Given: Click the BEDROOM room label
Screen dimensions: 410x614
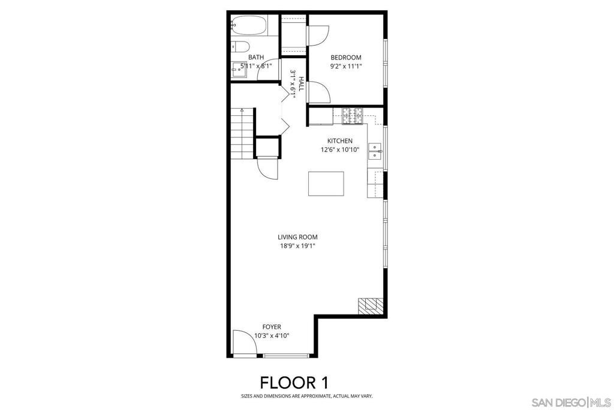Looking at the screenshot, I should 346,58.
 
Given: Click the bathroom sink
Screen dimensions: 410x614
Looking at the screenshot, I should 238,70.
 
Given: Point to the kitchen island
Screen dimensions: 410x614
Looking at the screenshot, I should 326,184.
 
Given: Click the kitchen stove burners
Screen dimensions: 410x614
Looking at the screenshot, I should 353,115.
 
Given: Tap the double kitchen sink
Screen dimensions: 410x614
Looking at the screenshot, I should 375,151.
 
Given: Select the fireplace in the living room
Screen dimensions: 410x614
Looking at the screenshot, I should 368,306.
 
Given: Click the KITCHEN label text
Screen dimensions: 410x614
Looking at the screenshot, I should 339,141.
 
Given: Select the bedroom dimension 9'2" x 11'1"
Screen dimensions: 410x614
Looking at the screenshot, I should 346,66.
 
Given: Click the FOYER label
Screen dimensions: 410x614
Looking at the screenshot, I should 272,327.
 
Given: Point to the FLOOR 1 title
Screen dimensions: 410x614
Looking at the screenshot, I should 293,382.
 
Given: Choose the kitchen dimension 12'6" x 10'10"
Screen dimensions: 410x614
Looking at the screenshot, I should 339,149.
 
